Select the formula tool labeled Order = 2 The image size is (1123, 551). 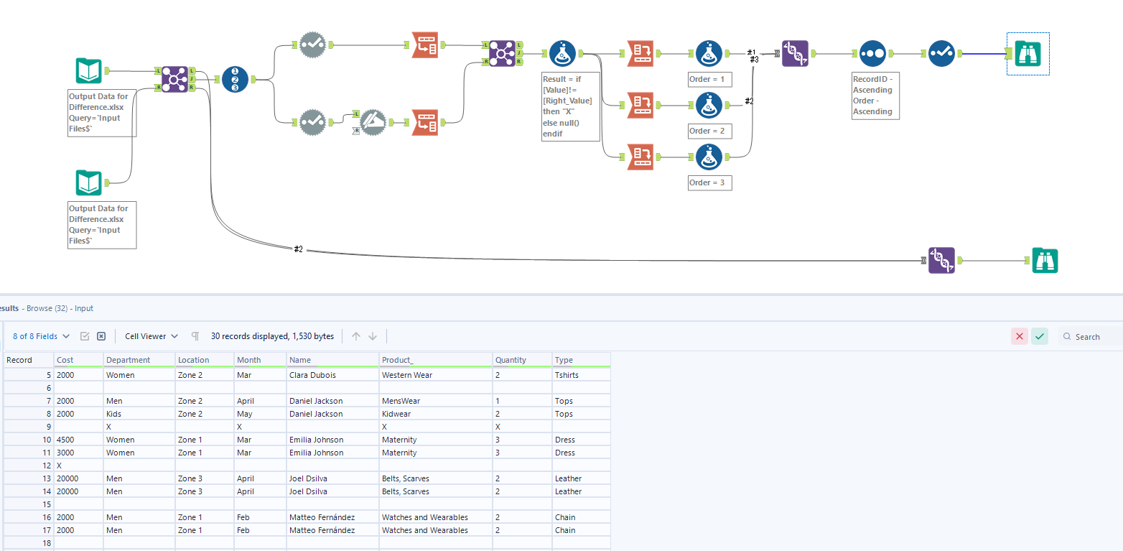tap(709, 105)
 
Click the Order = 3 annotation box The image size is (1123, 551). tap(707, 182)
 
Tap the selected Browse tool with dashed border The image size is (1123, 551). tap(1028, 53)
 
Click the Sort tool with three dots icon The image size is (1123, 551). tap(871, 53)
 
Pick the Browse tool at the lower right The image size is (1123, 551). tap(1045, 260)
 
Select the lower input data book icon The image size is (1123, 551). tap(89, 183)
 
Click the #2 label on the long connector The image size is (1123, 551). tap(299, 249)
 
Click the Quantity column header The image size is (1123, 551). tap(511, 360)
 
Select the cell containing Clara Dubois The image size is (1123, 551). tap(312, 375)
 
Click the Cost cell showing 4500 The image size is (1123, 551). tap(65, 440)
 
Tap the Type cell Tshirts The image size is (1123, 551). tap(567, 375)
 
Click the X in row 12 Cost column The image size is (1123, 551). tap(59, 466)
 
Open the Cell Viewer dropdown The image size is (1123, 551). tap(152, 336)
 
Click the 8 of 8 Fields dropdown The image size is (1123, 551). tap(42, 336)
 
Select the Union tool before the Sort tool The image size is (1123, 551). tap(795, 53)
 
